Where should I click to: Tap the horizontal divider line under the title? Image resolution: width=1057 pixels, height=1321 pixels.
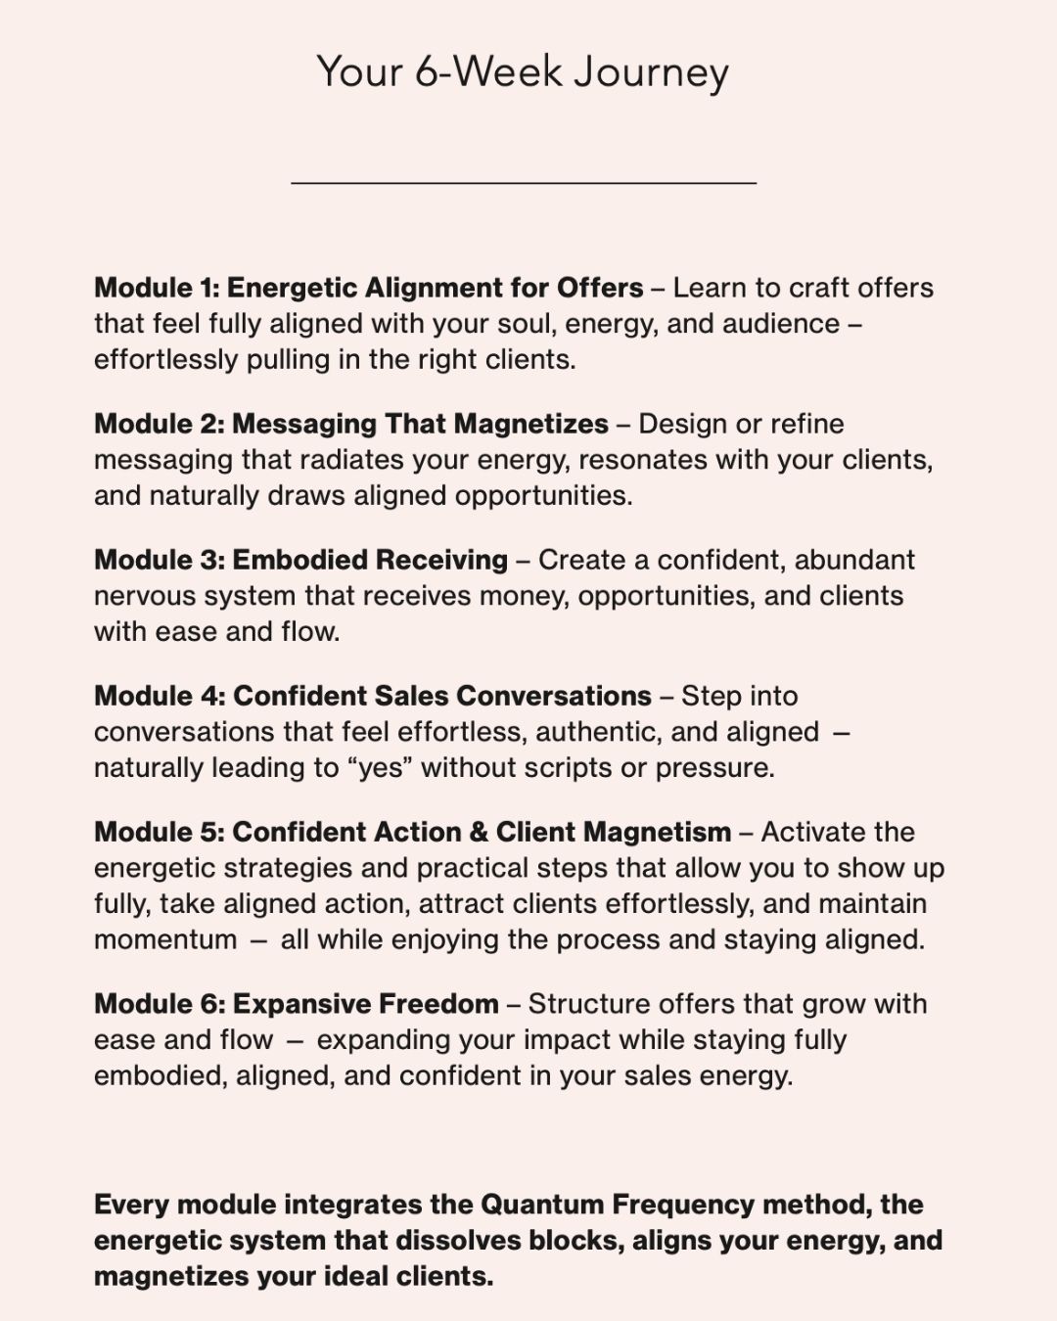pos(524,182)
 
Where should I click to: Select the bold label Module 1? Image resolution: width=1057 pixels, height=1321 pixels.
pos(157,288)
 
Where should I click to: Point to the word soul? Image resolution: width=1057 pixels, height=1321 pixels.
pos(526,324)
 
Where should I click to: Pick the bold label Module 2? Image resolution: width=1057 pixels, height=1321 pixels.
pos(160,424)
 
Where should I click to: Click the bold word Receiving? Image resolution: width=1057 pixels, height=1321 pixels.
pos(441,560)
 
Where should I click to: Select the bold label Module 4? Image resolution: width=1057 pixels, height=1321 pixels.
pos(160,696)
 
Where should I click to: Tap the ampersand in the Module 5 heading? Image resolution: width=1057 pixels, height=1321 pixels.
pos(478,832)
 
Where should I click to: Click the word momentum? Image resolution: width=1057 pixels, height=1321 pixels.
pos(165,940)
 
